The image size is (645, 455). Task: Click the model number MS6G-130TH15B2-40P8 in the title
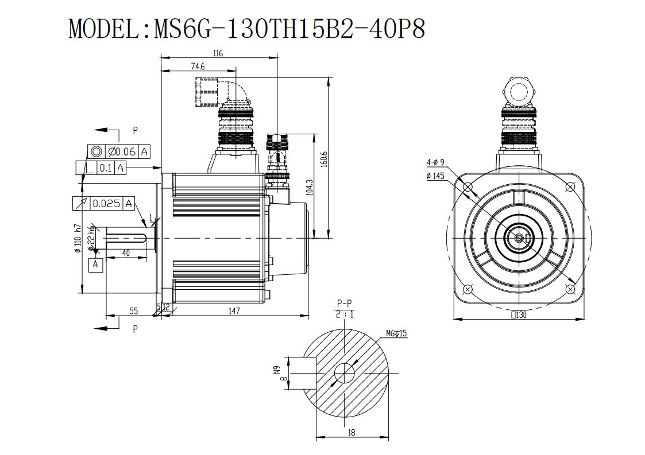click(x=289, y=29)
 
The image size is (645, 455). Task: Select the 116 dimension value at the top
click(x=218, y=53)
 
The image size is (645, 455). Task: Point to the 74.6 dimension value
click(x=198, y=66)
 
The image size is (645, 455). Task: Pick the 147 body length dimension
click(x=234, y=311)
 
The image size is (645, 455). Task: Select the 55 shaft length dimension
click(x=134, y=311)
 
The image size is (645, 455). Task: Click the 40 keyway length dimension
click(x=126, y=253)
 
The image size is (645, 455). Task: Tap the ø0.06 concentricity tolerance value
click(x=122, y=151)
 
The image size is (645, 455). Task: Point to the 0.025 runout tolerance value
click(x=106, y=204)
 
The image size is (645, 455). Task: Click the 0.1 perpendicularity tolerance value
click(x=106, y=168)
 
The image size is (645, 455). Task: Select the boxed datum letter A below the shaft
click(x=95, y=265)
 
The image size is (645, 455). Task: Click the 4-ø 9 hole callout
click(x=435, y=162)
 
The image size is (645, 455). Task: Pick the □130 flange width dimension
click(x=518, y=315)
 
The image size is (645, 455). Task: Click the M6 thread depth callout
click(x=396, y=333)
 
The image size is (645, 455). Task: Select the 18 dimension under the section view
click(x=352, y=432)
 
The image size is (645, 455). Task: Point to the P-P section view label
click(x=344, y=304)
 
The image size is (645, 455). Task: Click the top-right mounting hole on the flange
click(x=570, y=187)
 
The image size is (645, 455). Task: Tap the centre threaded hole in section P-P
click(x=344, y=373)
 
